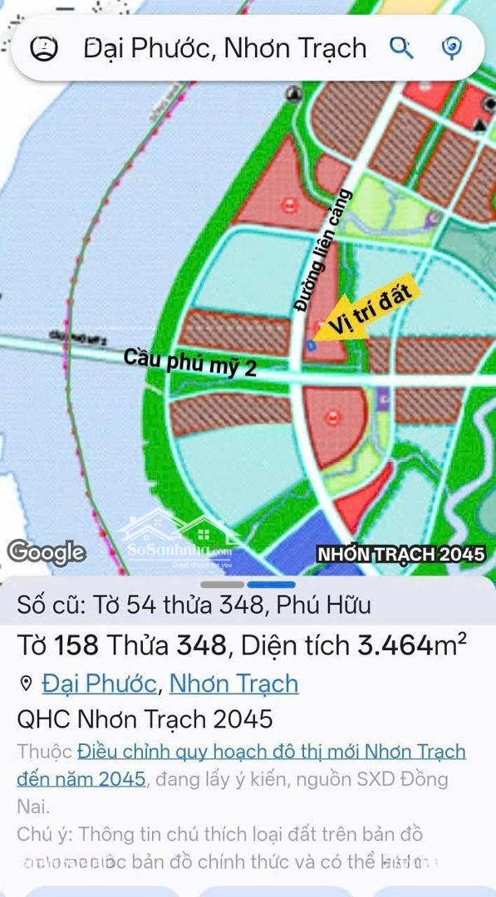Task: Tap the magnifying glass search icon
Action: pyautogui.click(x=401, y=48)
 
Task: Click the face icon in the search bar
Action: pyautogui.click(x=44, y=48)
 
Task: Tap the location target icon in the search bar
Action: pyautogui.click(x=451, y=48)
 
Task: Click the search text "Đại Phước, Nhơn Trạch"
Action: pyautogui.click(x=225, y=48)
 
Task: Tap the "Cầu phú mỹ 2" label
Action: pyautogui.click(x=190, y=364)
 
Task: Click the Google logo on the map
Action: pyautogui.click(x=47, y=552)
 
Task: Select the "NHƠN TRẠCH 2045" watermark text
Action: pyautogui.click(x=400, y=554)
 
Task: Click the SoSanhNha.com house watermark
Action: pyautogui.click(x=179, y=540)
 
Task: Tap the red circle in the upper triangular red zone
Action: pyautogui.click(x=288, y=204)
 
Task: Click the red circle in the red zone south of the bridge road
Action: pyautogui.click(x=332, y=418)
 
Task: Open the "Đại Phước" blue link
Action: pyautogui.click(x=99, y=684)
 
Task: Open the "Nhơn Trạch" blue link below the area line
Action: pyautogui.click(x=233, y=684)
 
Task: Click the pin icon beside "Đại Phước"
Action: pyautogui.click(x=26, y=684)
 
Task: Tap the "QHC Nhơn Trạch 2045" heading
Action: pyautogui.click(x=145, y=718)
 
